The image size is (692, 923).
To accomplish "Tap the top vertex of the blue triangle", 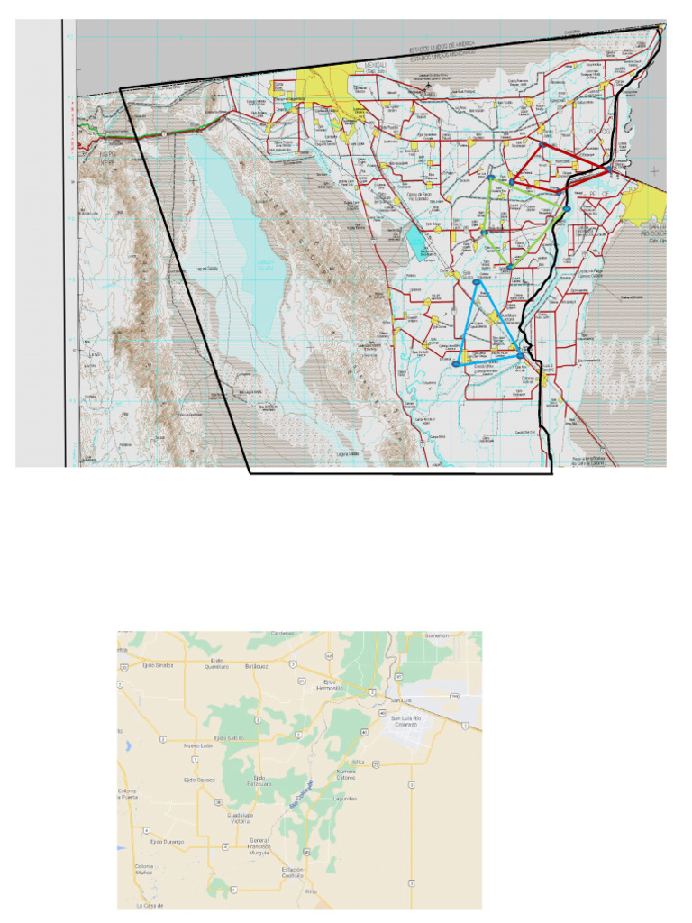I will coord(476,283).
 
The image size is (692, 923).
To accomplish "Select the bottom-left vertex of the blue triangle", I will coord(456,363).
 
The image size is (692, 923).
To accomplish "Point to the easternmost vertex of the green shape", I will coord(569,209).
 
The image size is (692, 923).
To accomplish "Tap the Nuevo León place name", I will coord(198,746).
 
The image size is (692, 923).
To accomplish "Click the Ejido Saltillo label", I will coord(229,737).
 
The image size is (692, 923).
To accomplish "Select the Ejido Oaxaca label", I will coord(199,780).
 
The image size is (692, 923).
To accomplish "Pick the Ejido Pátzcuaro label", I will coord(259,780).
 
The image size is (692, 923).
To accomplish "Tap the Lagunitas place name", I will coord(345,799).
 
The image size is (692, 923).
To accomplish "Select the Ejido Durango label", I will coord(167,842).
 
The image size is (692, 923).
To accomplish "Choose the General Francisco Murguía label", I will coord(259,847).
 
